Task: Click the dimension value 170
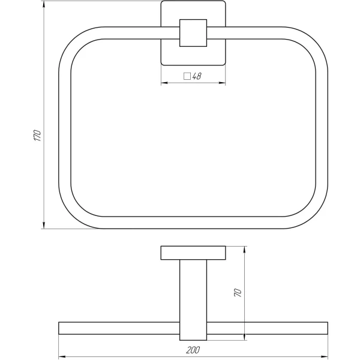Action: coord(37,136)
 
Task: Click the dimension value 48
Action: coord(197,76)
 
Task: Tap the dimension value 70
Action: coord(238,293)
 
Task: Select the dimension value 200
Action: coord(193,349)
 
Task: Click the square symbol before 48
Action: coord(187,76)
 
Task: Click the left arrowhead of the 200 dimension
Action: coord(62,355)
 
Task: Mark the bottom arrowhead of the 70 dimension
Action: coord(244,337)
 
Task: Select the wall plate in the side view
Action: coord(193,253)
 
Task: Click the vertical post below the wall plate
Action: coord(193,291)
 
